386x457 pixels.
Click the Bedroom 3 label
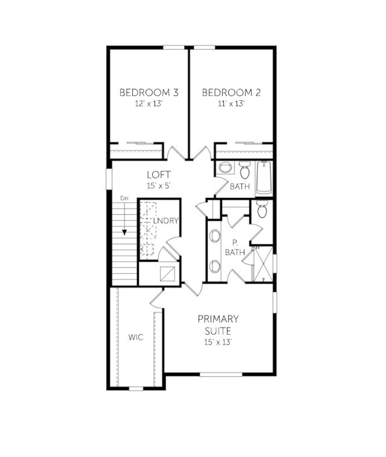[x=149, y=92]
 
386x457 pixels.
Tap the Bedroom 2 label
[x=231, y=92]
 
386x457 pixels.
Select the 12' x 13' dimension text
[x=149, y=104]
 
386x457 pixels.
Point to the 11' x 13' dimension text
[x=231, y=104]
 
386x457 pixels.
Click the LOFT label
[x=159, y=175]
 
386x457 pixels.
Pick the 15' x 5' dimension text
[x=159, y=186]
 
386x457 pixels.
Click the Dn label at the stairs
[x=124, y=198]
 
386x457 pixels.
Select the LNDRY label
[x=166, y=220]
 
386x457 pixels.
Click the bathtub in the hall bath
[x=264, y=178]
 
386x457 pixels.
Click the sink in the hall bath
[x=224, y=168]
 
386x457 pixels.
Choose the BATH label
[x=240, y=186]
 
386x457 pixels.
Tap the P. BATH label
[x=235, y=247]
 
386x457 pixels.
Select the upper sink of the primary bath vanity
[x=215, y=236]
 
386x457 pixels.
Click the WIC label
[x=136, y=337]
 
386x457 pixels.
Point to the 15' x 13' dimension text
[x=218, y=342]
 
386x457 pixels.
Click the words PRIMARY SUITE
[x=218, y=325]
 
